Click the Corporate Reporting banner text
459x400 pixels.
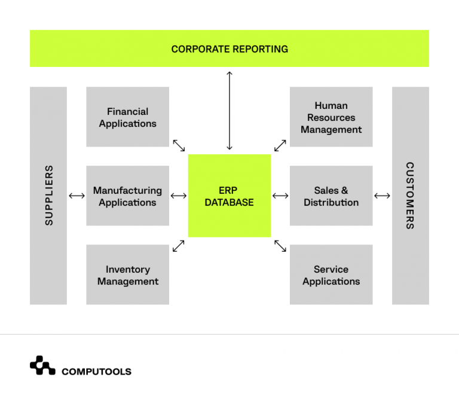[229, 49]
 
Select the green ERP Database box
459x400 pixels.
[229, 196]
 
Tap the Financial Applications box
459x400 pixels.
[128, 117]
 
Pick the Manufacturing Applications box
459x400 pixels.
[128, 196]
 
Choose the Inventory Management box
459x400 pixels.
[128, 275]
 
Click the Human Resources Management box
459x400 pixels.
[331, 117]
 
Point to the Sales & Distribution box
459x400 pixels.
[331, 196]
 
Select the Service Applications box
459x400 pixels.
[331, 275]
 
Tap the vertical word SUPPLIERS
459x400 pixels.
[49, 196]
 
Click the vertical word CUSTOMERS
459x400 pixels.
[410, 196]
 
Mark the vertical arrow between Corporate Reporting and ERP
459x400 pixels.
[229, 110]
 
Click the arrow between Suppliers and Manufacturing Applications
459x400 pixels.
[76, 196]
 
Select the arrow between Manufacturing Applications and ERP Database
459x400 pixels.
[179, 196]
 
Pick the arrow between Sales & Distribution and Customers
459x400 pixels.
[382, 196]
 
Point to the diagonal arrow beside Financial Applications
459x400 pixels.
[179, 145]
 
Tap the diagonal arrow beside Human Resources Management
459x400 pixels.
[280, 145]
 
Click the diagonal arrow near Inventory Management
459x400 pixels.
[179, 246]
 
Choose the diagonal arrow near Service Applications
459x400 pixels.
[280, 246]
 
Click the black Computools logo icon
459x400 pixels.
[42, 365]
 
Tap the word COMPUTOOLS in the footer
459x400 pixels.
[96, 372]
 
